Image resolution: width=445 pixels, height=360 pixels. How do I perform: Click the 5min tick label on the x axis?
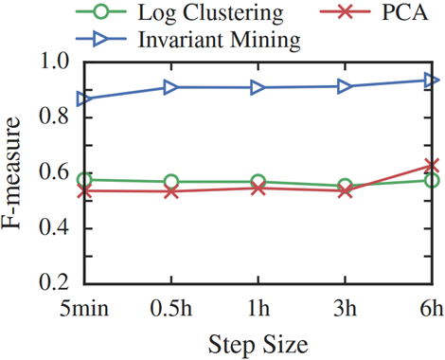click(83, 309)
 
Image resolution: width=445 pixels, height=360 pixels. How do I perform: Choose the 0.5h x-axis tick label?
click(171, 309)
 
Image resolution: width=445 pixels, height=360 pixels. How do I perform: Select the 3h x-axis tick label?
click(345, 309)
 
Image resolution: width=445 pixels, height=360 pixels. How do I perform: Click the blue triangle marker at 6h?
click(432, 80)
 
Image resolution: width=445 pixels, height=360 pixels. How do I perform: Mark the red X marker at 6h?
click(432, 167)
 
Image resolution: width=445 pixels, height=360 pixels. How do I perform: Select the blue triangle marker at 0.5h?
click(171, 87)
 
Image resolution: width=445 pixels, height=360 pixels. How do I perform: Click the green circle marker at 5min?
click(84, 180)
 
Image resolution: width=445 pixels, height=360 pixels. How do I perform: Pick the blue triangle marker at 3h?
click(345, 86)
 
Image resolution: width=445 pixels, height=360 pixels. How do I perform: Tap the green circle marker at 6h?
click(432, 180)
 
